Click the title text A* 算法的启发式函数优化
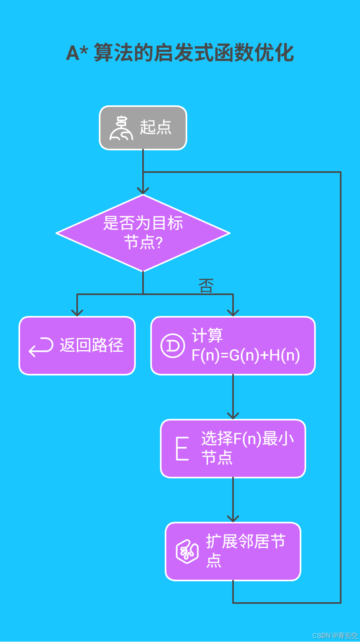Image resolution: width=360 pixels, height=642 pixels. tap(180, 53)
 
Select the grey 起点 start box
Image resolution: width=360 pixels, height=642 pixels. tap(143, 128)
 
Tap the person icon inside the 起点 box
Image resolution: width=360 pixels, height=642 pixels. tap(121, 128)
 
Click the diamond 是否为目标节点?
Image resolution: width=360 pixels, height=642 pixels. tap(143, 233)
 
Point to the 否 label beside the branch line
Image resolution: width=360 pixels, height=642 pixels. tap(206, 286)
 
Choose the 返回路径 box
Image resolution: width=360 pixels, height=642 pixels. tap(77, 346)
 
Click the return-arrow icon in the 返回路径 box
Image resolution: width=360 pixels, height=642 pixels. tap(41, 347)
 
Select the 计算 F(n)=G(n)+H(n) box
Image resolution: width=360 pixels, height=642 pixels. tap(233, 346)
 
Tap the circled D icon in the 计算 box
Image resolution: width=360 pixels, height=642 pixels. tap(173, 346)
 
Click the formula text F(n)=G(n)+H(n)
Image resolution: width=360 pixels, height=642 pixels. tap(245, 355)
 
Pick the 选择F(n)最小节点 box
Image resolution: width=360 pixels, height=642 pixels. tap(233, 449)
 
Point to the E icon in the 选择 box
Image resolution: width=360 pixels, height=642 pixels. tap(182, 448)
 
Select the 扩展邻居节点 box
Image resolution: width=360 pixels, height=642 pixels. tap(233, 552)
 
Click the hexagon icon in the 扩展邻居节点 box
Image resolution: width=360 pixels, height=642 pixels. tap(187, 552)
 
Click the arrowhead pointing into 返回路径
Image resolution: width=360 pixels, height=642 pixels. tap(77, 313)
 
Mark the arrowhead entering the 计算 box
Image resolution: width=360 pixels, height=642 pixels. tap(233, 313)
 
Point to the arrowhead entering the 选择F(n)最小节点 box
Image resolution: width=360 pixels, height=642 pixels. tap(233, 416)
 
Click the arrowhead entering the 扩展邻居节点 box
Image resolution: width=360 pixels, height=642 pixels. tap(233, 519)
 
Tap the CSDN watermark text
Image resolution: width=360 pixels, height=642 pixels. tap(335, 636)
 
